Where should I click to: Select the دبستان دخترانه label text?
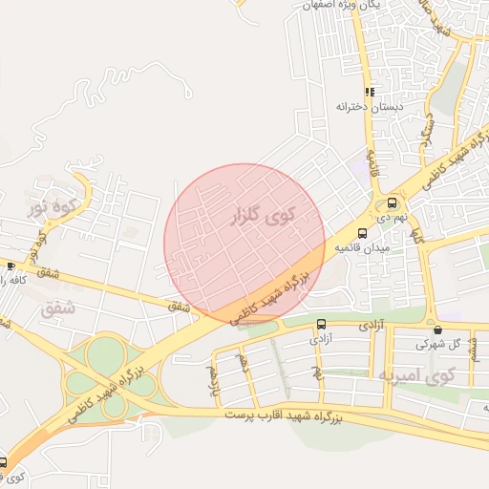(370, 107)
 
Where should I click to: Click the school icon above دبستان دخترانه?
(370, 93)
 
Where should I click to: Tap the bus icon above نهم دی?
(392, 202)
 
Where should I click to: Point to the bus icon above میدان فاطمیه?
(361, 233)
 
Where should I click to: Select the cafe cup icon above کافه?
(10, 266)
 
